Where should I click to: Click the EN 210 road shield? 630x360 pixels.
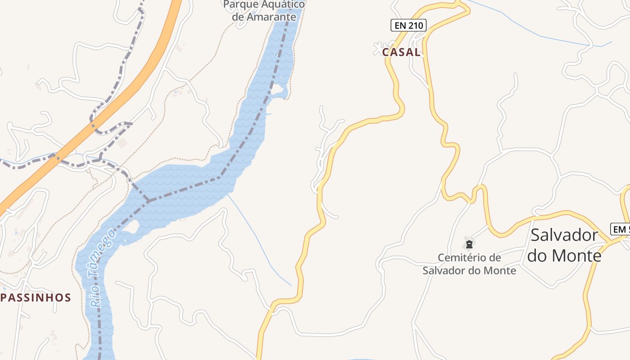tap(408, 25)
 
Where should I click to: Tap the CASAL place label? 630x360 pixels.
tap(401, 52)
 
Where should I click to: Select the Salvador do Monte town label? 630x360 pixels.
tap(564, 245)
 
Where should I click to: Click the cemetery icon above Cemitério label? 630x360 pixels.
tap(469, 244)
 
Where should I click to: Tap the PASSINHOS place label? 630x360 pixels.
tap(36, 297)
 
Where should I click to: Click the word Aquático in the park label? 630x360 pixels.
tap(281, 4)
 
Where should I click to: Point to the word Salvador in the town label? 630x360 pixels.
tap(564, 235)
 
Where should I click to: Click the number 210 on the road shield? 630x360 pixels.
tap(416, 25)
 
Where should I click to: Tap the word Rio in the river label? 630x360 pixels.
tap(96, 299)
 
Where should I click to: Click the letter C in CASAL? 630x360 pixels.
tap(386, 52)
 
